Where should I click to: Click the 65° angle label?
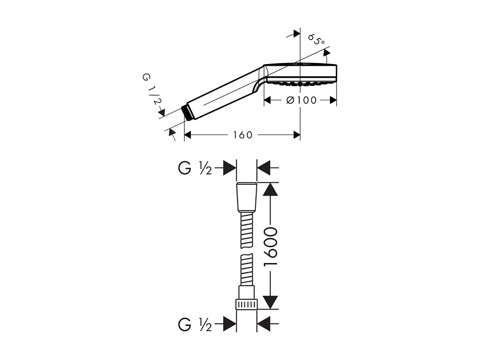tap(316, 39)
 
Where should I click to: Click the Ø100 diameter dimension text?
tap(301, 100)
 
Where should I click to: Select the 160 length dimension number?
tap(243, 135)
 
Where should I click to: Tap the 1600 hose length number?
tap(271, 246)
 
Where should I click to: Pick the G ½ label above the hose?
tap(195, 168)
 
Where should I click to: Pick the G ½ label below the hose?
tap(195, 324)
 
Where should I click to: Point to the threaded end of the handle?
tap(186, 112)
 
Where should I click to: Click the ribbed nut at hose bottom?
tap(246, 304)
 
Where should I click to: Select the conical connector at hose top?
tap(246, 197)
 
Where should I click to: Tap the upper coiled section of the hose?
tap(246, 231)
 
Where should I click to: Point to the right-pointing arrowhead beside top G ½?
tap(230, 168)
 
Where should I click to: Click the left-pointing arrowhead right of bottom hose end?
tap(263, 324)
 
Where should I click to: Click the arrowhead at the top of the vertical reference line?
tap(296, 34)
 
